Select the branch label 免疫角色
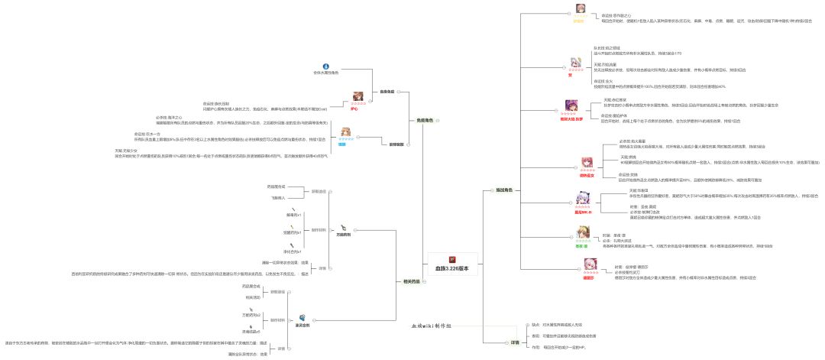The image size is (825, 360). tap(424, 120)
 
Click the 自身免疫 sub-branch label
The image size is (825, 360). tap(387, 91)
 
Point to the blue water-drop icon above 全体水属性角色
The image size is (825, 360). tap(325, 66)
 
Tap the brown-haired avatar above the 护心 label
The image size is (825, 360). tap(354, 96)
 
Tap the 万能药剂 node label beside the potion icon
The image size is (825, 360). tap(348, 235)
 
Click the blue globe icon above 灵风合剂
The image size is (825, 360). tap(303, 317)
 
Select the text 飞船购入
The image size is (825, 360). tap(277, 197)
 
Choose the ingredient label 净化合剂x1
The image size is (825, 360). tap(293, 251)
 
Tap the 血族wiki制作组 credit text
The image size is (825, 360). tap(432, 326)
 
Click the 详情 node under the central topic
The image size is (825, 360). tap(515, 342)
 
